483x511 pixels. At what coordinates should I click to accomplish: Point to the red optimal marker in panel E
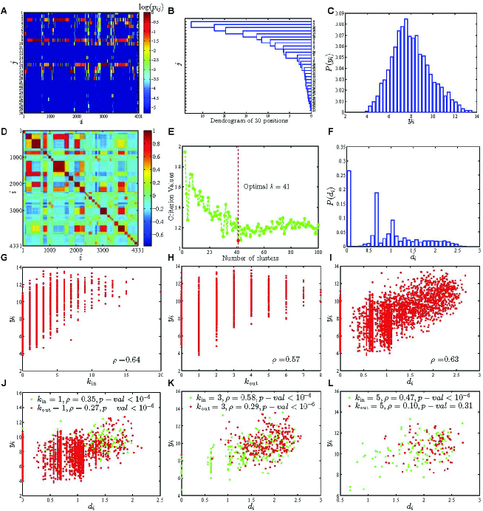[239, 240]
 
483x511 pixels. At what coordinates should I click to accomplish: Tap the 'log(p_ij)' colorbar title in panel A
[156, 7]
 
